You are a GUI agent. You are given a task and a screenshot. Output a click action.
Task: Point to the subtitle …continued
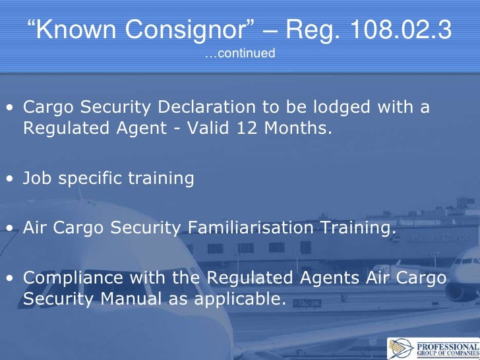click(x=239, y=53)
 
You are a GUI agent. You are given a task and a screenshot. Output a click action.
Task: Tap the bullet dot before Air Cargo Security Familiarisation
click(x=11, y=229)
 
